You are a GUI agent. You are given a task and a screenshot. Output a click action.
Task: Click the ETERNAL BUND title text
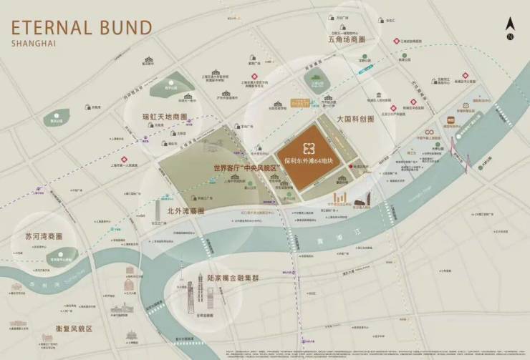coord(81,28)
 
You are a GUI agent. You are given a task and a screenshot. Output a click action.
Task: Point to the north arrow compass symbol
coord(509,29)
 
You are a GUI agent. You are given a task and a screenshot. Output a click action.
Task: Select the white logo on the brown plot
coord(309,148)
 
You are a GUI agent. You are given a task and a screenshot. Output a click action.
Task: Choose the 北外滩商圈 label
coord(185,211)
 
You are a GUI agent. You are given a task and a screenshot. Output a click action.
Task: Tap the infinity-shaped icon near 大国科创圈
coord(430,132)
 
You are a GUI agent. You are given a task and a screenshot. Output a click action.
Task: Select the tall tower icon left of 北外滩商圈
coord(158,210)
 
